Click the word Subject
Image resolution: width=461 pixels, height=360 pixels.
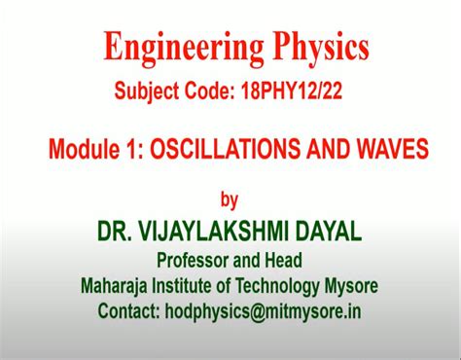[144, 94]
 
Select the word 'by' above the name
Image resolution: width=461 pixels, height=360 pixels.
[230, 201]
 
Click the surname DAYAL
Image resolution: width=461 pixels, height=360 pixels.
[326, 232]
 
